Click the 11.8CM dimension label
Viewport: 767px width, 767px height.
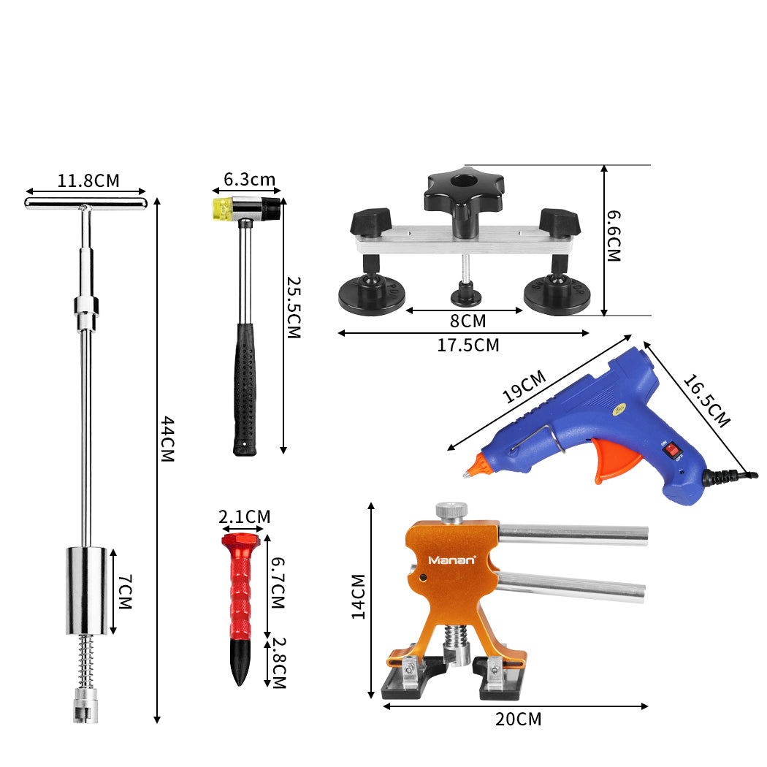tap(88, 180)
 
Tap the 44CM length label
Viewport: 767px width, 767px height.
tap(168, 439)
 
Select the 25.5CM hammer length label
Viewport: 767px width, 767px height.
tap(294, 308)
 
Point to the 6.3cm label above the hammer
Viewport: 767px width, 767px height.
tap(250, 180)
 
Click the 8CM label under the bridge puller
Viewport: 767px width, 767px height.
tap(468, 321)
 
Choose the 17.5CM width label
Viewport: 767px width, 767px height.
tap(468, 346)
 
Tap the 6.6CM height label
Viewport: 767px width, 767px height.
tap(614, 236)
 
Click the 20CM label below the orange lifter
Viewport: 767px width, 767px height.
tap(519, 719)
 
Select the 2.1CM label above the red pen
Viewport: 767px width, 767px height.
tap(245, 516)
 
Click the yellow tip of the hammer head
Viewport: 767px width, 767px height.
tap(221, 209)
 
